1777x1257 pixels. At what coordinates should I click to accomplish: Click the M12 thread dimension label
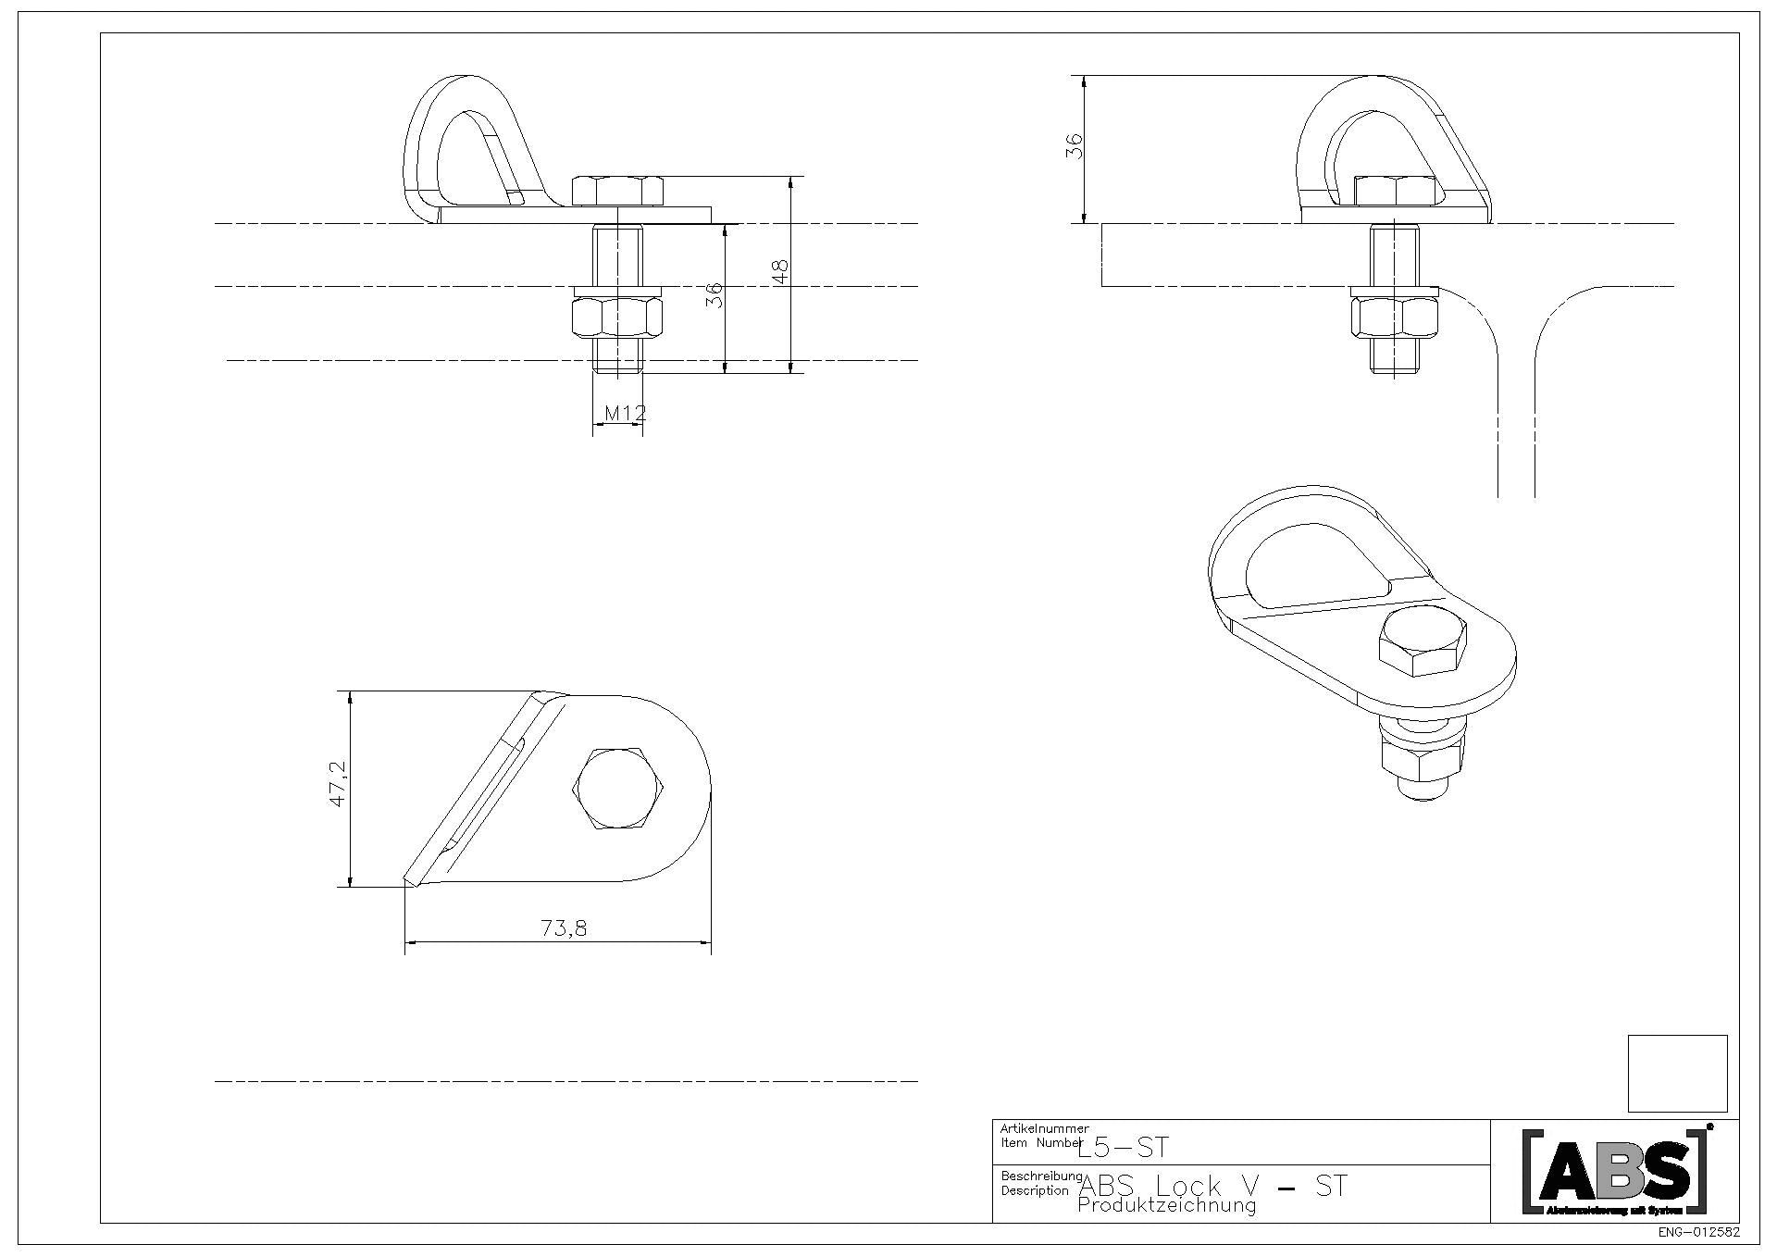pos(625,412)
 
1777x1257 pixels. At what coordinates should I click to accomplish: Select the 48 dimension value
pos(780,271)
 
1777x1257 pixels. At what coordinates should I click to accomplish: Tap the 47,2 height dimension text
pos(338,783)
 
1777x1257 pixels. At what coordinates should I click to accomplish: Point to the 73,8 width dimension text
pos(564,927)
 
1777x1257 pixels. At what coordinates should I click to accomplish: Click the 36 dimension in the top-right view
pos(1074,146)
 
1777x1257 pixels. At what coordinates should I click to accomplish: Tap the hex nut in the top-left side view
pos(618,319)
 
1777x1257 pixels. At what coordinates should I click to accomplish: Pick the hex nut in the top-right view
pos(1395,319)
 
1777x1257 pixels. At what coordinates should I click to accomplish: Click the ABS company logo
pos(1614,1172)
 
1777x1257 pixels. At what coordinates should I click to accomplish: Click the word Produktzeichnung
pos(1167,1205)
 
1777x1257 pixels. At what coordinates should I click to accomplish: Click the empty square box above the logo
pos(1677,1073)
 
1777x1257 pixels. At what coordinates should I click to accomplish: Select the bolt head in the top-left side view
pos(618,191)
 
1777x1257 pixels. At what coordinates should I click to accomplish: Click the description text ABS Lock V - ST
pos(1213,1186)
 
